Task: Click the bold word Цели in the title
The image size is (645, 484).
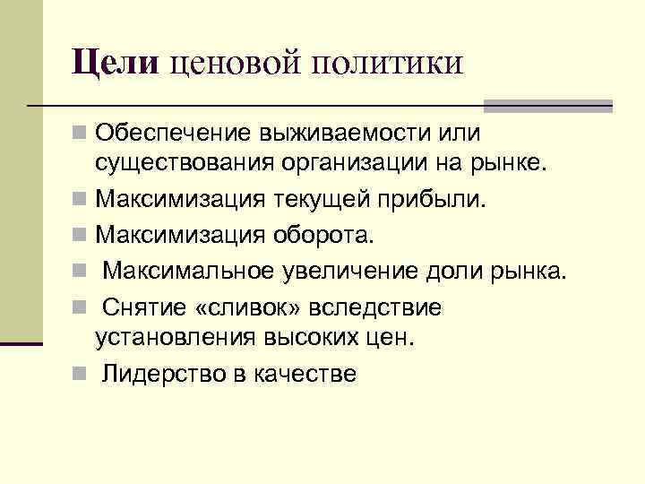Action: point(116,64)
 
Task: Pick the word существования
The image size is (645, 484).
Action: point(179,165)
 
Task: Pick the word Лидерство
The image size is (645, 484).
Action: point(156,375)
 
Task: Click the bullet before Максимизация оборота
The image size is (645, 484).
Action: point(81,235)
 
